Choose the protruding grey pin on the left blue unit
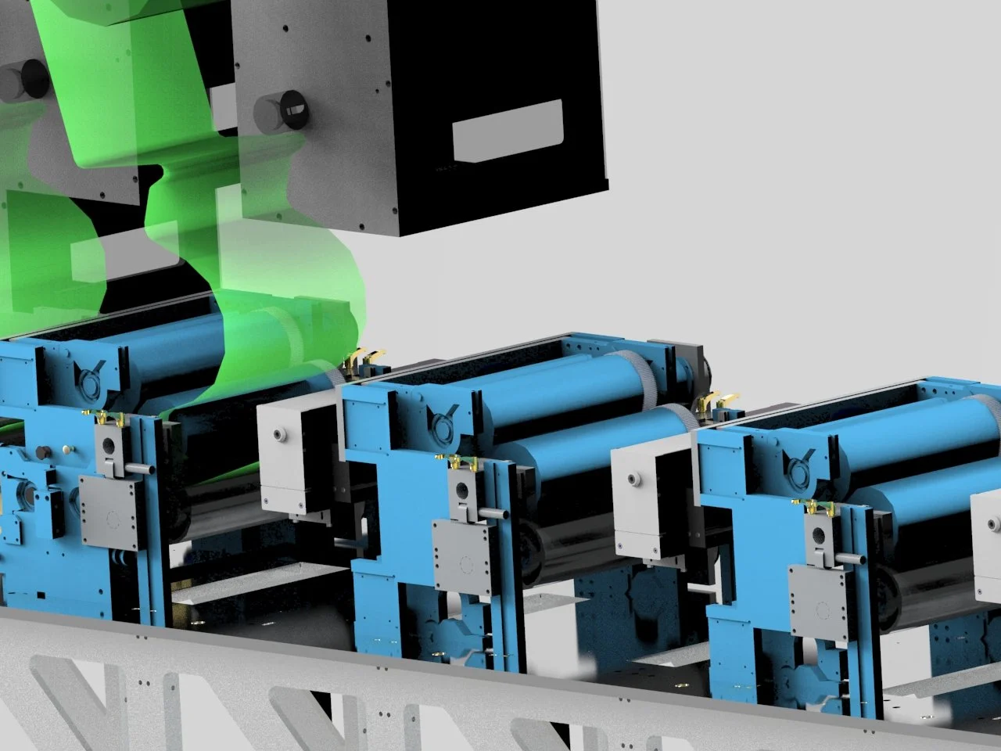point(139,467)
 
